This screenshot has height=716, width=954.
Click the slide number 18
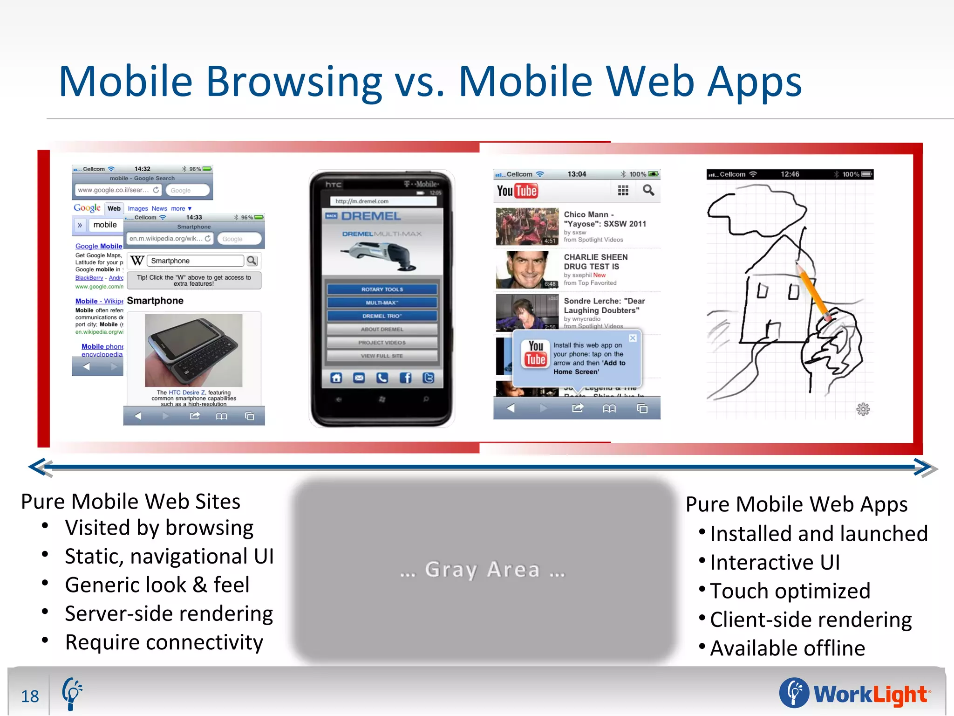pyautogui.click(x=30, y=696)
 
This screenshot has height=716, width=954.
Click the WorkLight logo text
pyautogui.click(x=870, y=695)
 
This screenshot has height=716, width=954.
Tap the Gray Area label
pyautogui.click(x=483, y=570)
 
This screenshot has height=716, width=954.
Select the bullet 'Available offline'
pyautogui.click(x=787, y=648)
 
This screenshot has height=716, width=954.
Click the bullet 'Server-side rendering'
pyautogui.click(x=169, y=614)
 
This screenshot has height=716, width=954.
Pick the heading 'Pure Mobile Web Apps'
pyautogui.click(x=797, y=504)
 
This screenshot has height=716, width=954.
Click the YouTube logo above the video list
pyautogui.click(x=517, y=191)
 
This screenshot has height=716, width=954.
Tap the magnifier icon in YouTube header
pyautogui.click(x=648, y=190)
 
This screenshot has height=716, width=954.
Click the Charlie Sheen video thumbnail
pyautogui.click(x=527, y=269)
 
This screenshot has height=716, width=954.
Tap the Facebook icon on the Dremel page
pyautogui.click(x=405, y=378)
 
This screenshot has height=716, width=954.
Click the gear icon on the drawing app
pyautogui.click(x=863, y=409)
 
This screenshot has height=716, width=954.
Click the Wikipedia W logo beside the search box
pyautogui.click(x=137, y=261)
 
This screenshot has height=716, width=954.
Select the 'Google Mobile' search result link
pyautogui.click(x=99, y=246)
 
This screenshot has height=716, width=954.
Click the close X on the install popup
pyautogui.click(x=633, y=338)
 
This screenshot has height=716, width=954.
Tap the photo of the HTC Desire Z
pyautogui.click(x=194, y=350)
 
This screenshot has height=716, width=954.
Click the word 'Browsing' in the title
pyautogui.click(x=294, y=82)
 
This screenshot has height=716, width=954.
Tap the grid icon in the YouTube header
pyautogui.click(x=623, y=190)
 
